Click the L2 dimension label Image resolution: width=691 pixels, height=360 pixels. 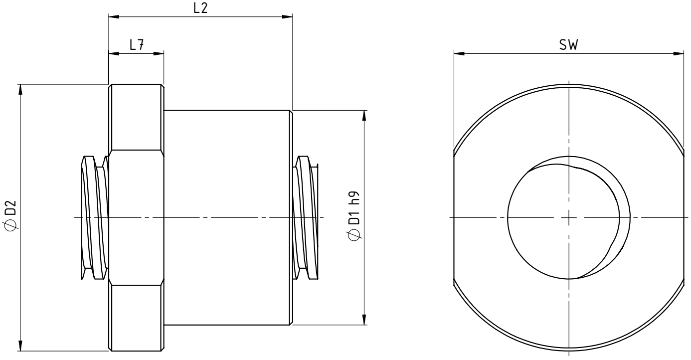point(200,8)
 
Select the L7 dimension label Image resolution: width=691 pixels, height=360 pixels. point(137,45)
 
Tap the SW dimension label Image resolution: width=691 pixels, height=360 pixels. point(568,45)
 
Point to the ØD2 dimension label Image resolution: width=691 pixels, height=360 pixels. point(10,214)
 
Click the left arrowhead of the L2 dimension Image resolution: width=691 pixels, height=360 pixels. point(114,16)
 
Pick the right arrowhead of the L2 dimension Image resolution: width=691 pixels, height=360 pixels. point(287,16)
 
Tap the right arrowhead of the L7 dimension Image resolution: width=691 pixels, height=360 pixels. point(159,54)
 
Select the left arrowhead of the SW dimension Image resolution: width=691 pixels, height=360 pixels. point(459,54)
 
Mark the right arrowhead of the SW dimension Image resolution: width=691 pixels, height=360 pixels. point(679,54)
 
